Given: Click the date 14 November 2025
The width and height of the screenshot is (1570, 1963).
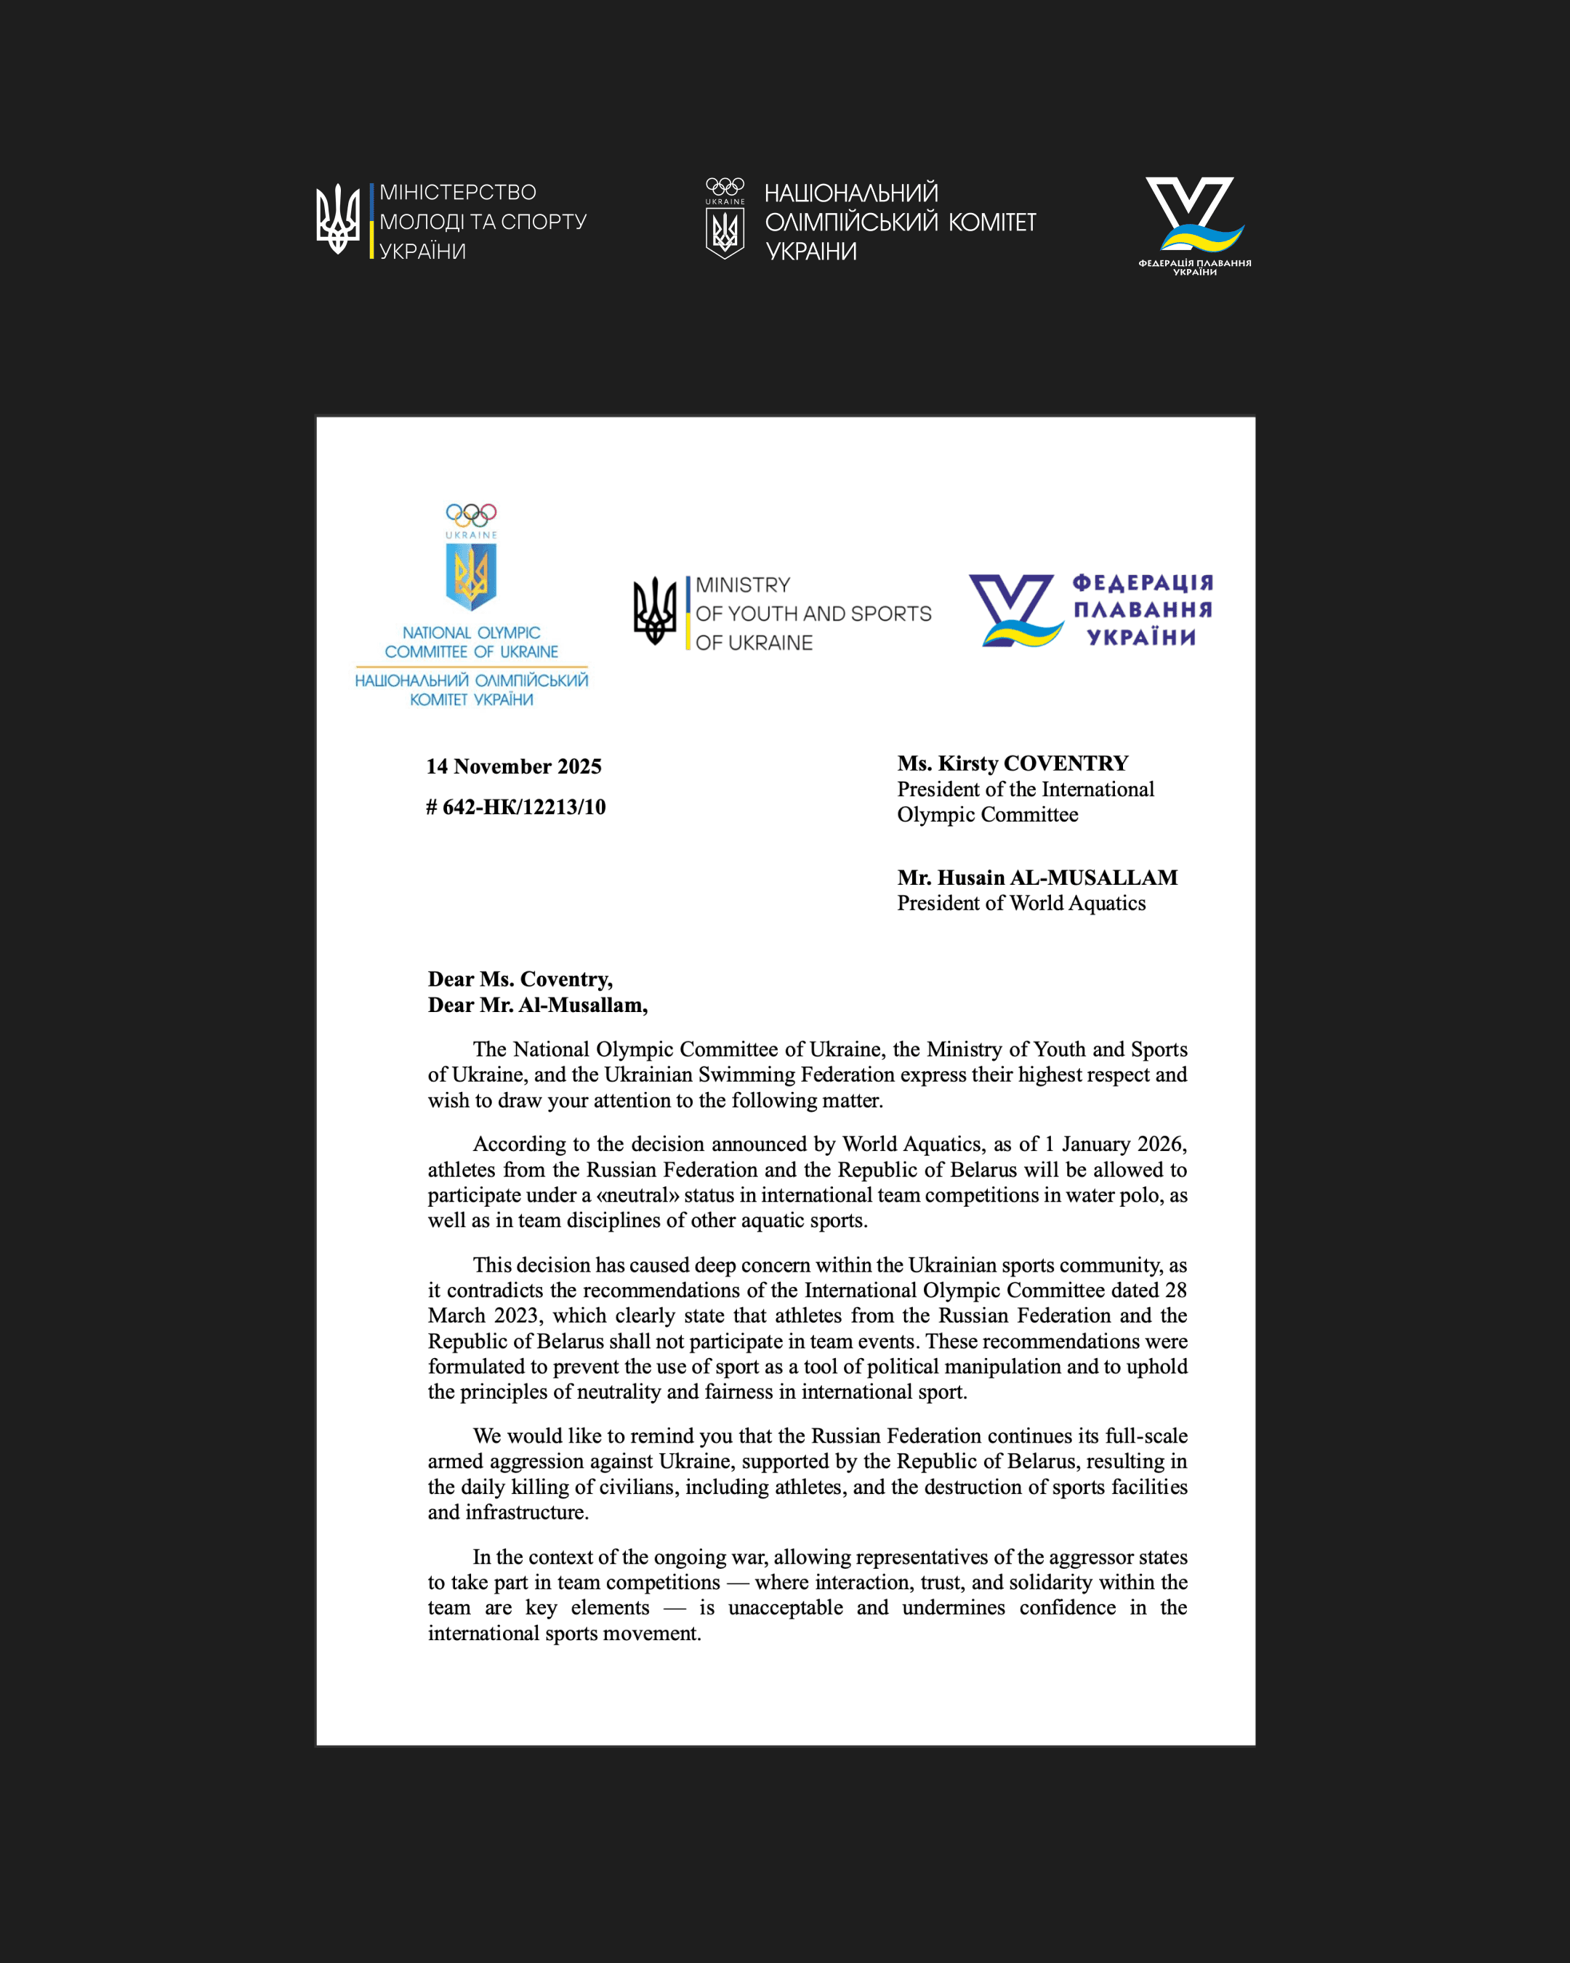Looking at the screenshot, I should (514, 766).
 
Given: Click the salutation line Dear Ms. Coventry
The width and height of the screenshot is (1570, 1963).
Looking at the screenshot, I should (520, 979).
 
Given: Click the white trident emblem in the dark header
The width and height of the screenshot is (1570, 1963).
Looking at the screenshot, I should (338, 220).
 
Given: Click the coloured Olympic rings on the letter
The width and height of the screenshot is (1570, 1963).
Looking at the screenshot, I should (470, 515).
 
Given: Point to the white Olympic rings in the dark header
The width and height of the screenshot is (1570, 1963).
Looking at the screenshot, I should (725, 187).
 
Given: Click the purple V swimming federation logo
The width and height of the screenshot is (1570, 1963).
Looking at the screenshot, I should (1014, 611).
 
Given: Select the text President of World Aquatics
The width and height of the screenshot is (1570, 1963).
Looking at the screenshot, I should (1021, 903).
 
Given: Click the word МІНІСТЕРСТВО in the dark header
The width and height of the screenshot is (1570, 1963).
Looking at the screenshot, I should (458, 192).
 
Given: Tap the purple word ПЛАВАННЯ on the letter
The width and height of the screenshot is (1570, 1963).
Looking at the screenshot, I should (1142, 610).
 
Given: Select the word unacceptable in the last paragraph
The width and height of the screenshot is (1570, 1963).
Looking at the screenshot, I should (784, 1608).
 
